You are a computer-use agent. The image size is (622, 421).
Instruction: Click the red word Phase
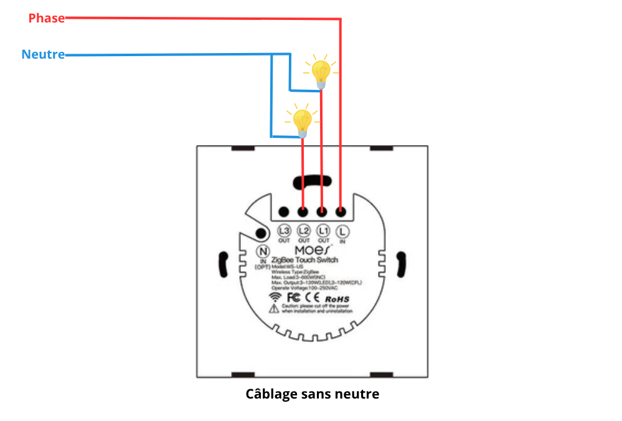click(x=46, y=19)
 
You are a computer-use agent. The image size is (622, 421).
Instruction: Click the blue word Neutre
click(x=43, y=55)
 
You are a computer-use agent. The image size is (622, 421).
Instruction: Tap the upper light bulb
click(x=321, y=71)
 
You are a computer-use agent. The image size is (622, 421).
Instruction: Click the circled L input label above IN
click(x=342, y=231)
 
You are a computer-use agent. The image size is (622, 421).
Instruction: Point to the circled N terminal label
click(x=263, y=251)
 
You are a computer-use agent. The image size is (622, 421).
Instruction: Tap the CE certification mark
click(x=314, y=299)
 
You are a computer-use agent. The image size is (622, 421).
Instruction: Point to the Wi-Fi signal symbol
click(x=274, y=299)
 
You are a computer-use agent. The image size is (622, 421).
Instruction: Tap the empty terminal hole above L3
click(x=284, y=212)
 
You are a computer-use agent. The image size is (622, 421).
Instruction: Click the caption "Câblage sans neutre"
click(x=312, y=394)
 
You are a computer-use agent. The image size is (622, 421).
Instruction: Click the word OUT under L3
click(x=285, y=241)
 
